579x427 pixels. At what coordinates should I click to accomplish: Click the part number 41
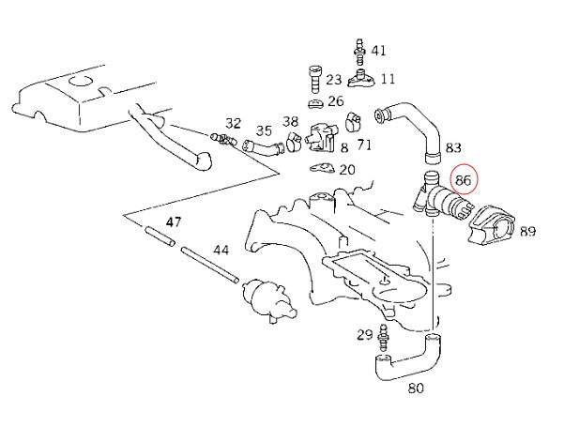tap(378, 50)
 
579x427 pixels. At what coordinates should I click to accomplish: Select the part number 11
tap(387, 79)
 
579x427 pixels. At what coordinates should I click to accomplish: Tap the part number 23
tap(333, 81)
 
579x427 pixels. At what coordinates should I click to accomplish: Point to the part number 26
tap(336, 100)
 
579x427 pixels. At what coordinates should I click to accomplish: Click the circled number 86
tap(463, 179)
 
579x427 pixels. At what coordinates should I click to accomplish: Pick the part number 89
tap(526, 230)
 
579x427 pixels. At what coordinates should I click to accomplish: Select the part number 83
tap(453, 147)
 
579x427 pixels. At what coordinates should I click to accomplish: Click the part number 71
tap(364, 145)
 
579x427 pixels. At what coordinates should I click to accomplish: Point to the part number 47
tap(173, 222)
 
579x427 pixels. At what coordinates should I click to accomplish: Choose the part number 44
tap(221, 251)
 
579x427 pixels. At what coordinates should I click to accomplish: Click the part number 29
tap(364, 335)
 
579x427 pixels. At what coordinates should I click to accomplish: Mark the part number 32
tap(234, 123)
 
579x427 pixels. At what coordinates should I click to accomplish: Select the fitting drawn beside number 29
tap(383, 334)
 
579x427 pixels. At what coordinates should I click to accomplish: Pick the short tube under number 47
tap(160, 239)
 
